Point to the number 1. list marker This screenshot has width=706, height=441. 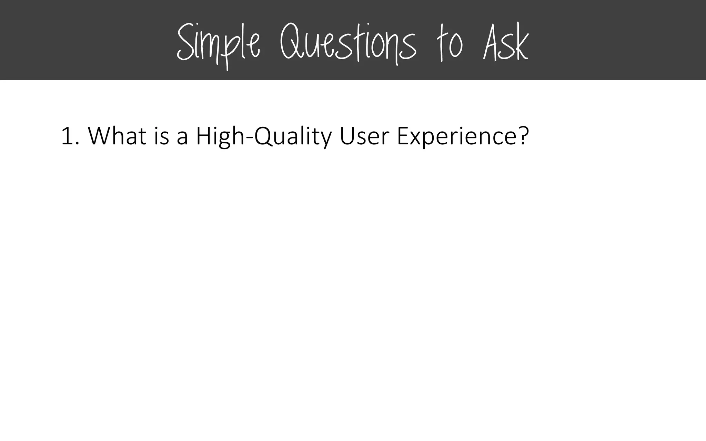click(70, 136)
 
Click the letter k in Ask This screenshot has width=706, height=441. click(521, 45)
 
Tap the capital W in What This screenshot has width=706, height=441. click(100, 136)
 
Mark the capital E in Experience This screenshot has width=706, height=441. click(403, 136)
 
